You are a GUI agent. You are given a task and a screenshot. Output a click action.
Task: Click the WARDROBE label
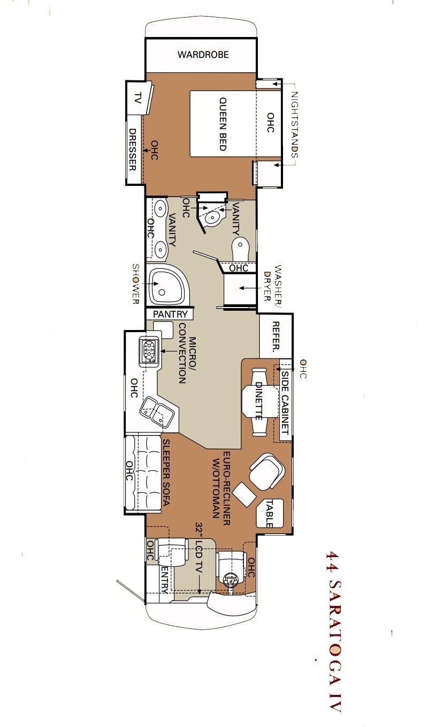(x=203, y=54)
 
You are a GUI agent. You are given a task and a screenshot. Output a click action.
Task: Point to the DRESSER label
(x=132, y=149)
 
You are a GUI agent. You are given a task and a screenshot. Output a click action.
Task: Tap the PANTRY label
(x=171, y=314)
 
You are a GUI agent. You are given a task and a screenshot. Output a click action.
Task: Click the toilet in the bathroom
(x=241, y=248)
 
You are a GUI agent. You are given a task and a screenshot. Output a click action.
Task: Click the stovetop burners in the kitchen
(x=149, y=351)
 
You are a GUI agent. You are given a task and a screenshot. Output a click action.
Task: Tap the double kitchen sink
(x=156, y=410)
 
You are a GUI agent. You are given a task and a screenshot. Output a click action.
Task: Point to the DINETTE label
(x=259, y=401)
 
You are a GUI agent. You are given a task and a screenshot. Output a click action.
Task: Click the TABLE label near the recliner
(x=270, y=514)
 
